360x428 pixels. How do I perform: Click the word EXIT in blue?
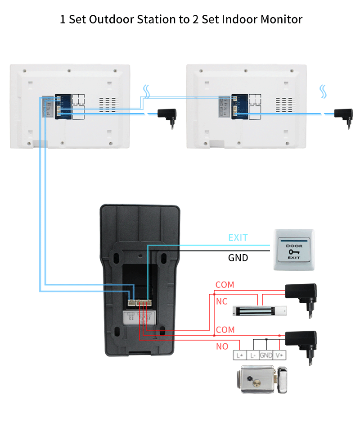(x=238, y=237)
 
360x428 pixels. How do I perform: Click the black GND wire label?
(x=238, y=258)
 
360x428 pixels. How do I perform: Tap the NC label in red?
(x=222, y=301)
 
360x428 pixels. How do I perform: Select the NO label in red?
(x=222, y=346)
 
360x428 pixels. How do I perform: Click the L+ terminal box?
(x=239, y=355)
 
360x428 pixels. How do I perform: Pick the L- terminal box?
(x=253, y=355)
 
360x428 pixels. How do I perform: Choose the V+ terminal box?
(x=280, y=355)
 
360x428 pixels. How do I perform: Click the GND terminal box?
(x=266, y=355)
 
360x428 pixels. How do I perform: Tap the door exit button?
(x=294, y=250)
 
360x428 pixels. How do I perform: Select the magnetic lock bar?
(x=259, y=310)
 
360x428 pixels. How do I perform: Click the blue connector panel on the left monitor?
(x=63, y=107)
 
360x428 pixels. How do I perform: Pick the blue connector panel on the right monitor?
(x=240, y=107)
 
